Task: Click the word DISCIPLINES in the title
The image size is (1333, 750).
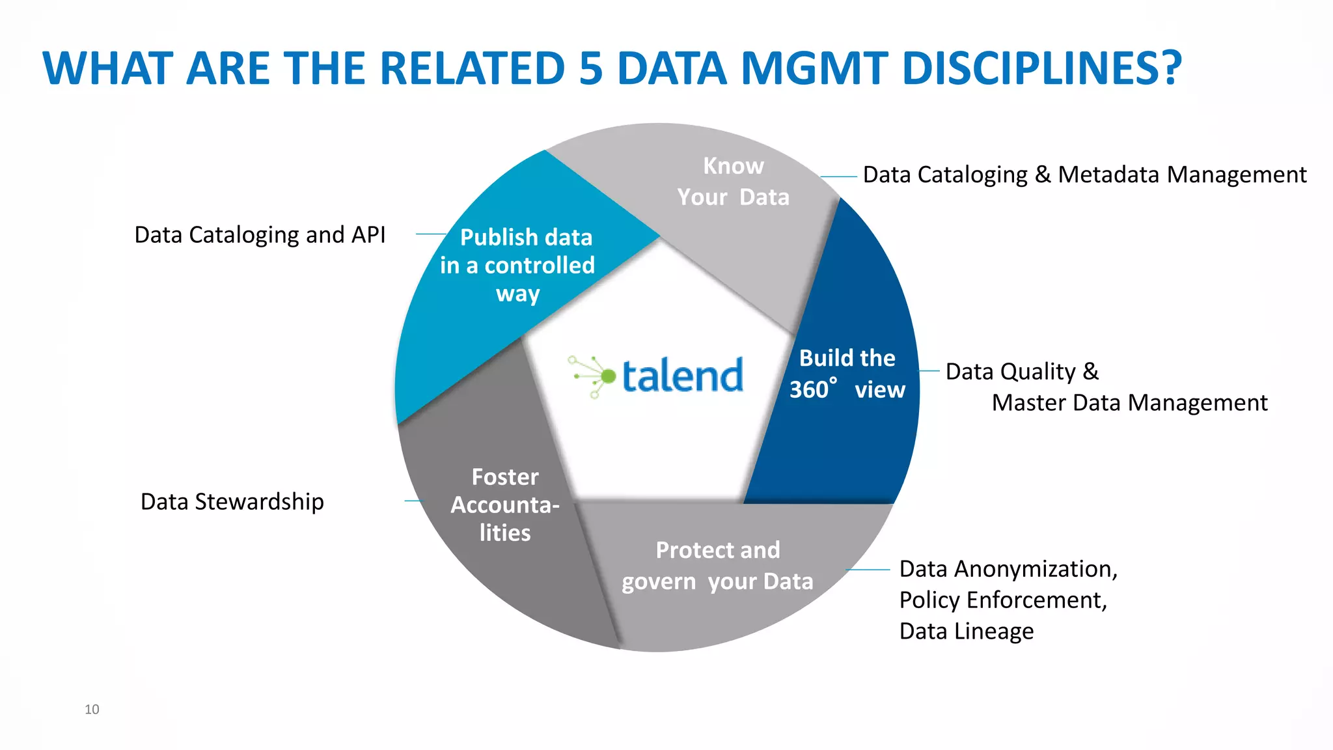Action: [x=1041, y=68]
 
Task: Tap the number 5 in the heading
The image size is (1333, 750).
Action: [x=591, y=68]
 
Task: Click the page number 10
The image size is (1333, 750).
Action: [x=92, y=709]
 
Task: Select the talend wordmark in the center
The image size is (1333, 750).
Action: [x=682, y=376]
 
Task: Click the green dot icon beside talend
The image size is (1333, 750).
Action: [x=608, y=376]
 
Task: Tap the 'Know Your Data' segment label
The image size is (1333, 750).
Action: [x=733, y=182]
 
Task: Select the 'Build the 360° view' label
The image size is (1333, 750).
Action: [x=847, y=374]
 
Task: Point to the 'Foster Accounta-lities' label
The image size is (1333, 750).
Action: [x=505, y=505]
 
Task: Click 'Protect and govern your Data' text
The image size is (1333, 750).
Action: [x=717, y=566]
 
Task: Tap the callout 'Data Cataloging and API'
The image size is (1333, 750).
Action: [x=260, y=234]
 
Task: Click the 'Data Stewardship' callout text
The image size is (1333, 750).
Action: [x=232, y=501]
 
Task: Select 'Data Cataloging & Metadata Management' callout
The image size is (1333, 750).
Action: [x=1084, y=174]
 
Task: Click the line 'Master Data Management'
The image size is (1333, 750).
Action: [x=1129, y=402]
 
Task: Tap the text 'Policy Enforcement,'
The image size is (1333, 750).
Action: [x=1002, y=600]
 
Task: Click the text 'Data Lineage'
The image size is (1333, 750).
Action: [x=966, y=631]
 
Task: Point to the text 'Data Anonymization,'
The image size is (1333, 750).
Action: [x=1008, y=568]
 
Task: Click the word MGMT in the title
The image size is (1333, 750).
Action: [x=814, y=68]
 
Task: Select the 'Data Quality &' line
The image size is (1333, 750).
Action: [x=1022, y=371]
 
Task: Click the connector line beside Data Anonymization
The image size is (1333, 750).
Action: [x=868, y=570]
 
